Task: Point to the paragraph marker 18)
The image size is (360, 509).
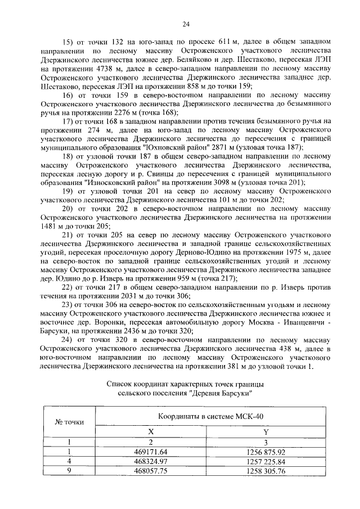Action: point(67,155)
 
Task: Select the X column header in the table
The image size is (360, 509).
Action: point(150,431)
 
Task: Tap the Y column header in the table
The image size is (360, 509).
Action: point(265,431)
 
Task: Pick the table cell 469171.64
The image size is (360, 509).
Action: point(151,452)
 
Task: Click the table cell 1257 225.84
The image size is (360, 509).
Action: point(265,462)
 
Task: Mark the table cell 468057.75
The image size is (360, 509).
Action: point(151,472)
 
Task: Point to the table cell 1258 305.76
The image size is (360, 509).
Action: point(265,472)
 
